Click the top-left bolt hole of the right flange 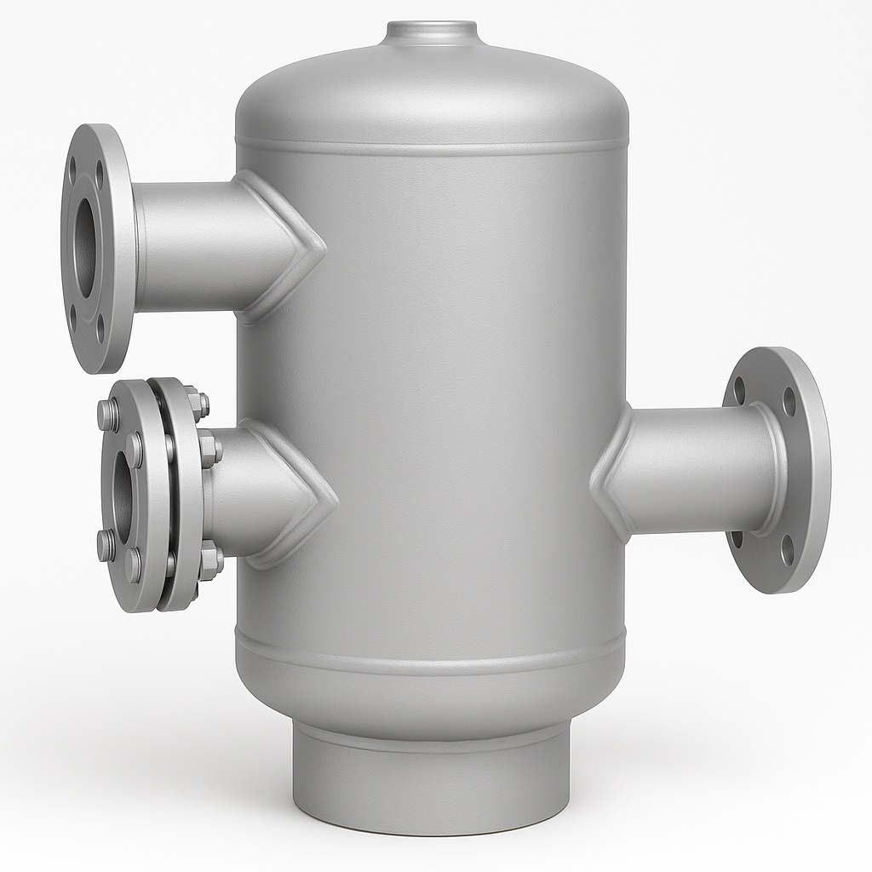[x=739, y=391]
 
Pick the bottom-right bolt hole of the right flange [x=788, y=549]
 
